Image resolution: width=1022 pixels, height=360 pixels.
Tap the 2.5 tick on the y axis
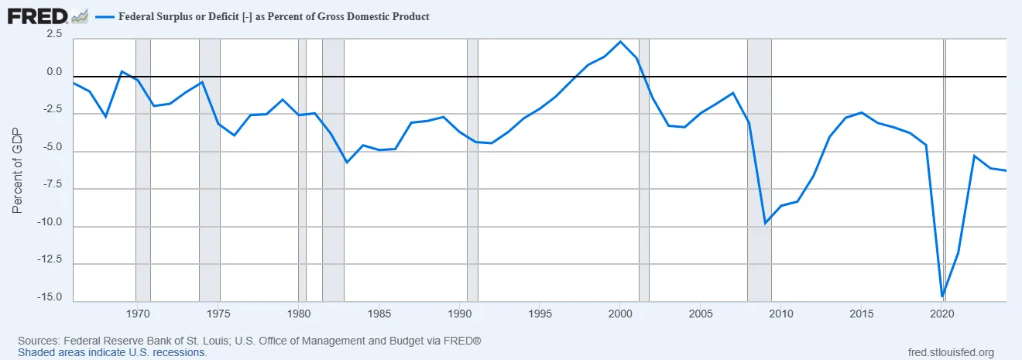53,34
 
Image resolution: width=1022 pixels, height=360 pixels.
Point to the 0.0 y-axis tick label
53,72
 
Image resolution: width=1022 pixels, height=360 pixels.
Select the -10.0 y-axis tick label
50,221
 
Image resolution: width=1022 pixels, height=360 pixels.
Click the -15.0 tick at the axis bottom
50,297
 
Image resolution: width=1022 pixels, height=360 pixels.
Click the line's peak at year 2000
620,42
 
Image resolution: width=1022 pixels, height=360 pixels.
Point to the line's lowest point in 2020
942,297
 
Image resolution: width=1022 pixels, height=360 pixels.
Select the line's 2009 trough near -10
765,223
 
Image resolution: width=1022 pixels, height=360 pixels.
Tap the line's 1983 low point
346,163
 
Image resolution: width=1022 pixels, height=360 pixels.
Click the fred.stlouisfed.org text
950,351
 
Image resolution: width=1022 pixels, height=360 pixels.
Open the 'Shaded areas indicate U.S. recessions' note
112,352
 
